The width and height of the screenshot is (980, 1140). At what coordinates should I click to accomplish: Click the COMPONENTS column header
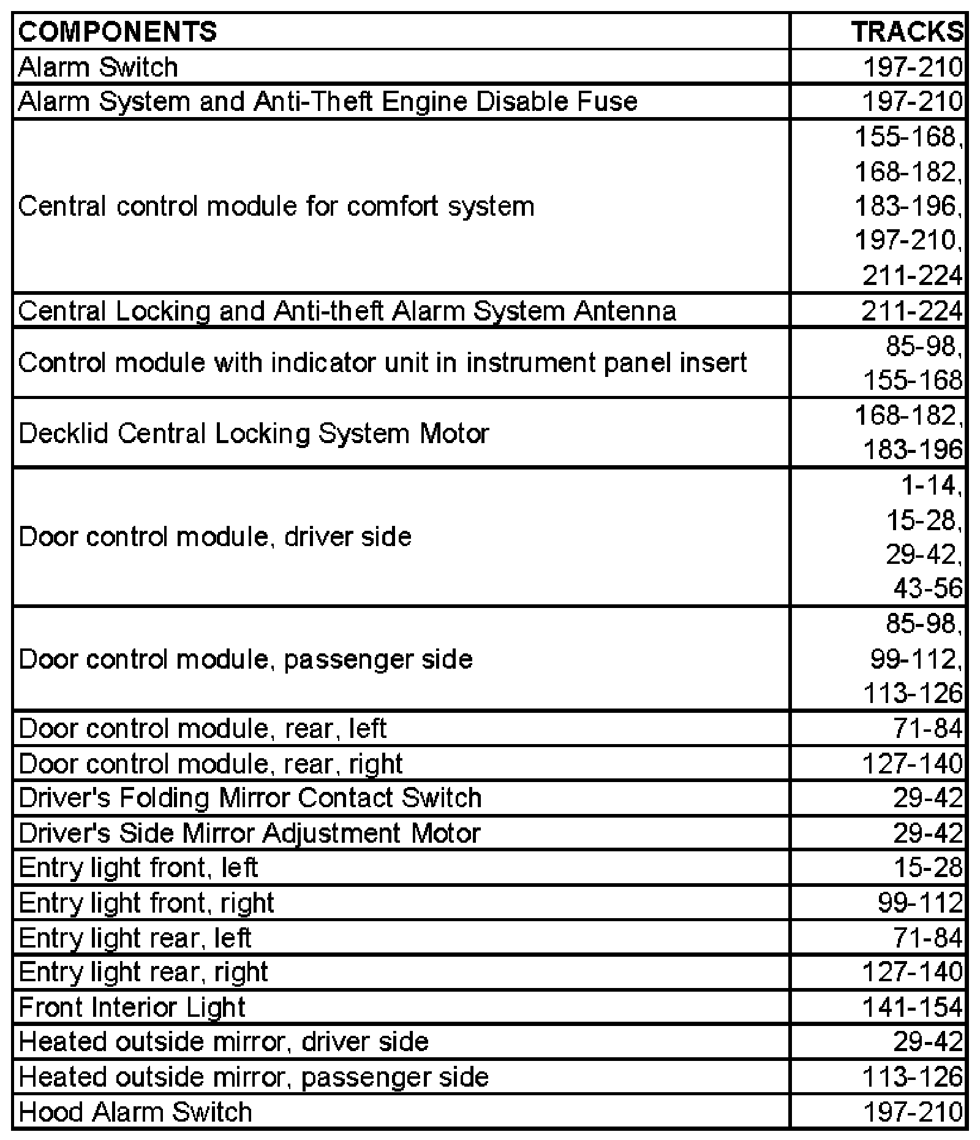[x=118, y=32]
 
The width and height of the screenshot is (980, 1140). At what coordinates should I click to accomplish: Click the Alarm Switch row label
[x=99, y=67]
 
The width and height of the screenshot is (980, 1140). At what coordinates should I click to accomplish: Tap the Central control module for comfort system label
[x=276, y=206]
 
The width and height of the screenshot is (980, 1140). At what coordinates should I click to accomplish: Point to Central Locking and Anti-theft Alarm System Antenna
[x=347, y=311]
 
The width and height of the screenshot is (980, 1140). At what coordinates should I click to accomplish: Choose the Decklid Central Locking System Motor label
[x=254, y=433]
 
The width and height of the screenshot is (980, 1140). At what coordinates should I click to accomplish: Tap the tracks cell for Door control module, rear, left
[x=927, y=729]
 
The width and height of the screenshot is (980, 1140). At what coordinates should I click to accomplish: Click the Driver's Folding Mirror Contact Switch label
[x=251, y=798]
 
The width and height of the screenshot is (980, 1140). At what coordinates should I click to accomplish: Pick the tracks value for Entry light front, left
[x=924, y=868]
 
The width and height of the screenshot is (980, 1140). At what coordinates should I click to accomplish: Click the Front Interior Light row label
[x=132, y=1008]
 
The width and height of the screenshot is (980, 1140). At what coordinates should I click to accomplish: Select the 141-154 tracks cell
[x=912, y=1008]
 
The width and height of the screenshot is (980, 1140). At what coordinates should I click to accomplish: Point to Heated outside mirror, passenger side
[x=254, y=1077]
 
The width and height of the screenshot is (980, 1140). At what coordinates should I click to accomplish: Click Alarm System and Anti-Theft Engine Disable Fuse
[x=328, y=102]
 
